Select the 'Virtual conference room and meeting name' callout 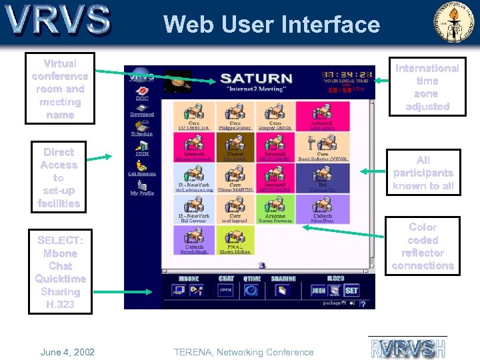[59, 89]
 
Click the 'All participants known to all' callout [423, 173]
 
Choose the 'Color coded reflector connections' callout [423, 247]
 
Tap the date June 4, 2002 [67, 352]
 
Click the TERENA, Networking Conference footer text [243, 352]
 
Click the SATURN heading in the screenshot [256, 79]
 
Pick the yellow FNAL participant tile [235, 239]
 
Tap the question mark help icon [363, 304]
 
